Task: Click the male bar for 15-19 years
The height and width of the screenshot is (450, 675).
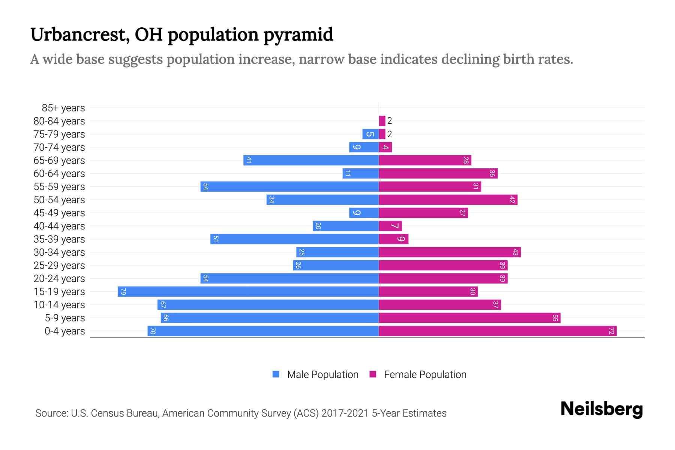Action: pos(248,292)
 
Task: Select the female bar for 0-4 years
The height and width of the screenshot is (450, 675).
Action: pos(498,331)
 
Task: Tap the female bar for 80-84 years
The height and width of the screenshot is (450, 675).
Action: pos(382,121)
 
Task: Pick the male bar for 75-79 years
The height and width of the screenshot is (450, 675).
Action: pos(370,134)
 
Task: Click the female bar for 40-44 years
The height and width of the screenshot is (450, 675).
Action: pos(390,226)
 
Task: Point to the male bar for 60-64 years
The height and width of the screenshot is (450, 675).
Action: pos(360,174)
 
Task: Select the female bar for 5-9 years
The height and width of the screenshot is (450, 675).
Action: pos(469,318)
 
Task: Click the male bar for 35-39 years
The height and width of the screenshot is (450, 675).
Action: pos(294,239)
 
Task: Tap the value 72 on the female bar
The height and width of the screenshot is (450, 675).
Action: pos(611,331)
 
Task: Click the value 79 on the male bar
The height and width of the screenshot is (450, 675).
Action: pos(123,292)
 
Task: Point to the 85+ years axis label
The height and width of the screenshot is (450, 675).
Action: pos(63,108)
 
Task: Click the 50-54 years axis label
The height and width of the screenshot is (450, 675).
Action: pos(59,200)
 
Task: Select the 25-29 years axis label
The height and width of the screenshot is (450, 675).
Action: pos(59,265)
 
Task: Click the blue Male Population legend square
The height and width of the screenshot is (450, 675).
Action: pos(276,374)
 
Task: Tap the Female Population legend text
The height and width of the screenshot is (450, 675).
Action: pos(425,375)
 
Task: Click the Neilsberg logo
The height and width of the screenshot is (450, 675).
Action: pos(601,409)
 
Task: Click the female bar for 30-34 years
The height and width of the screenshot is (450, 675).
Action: pos(450,252)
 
